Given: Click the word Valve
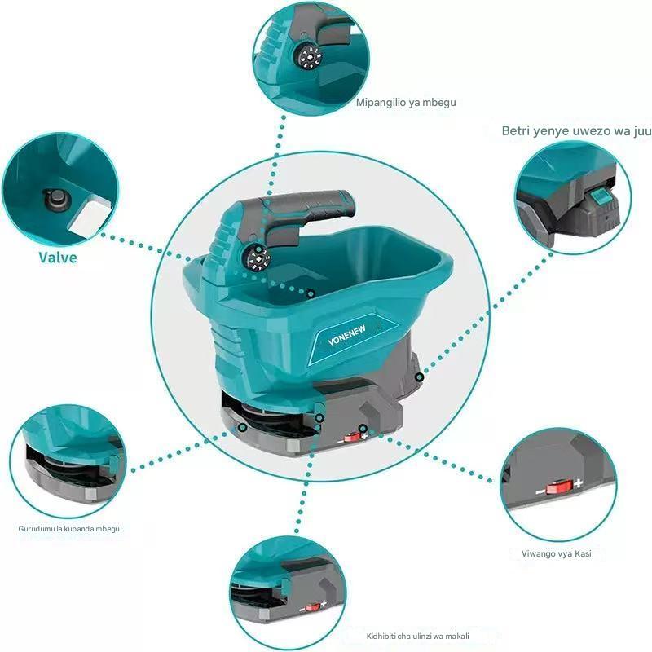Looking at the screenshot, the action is [58, 258].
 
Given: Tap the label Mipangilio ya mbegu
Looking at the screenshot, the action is [406, 103].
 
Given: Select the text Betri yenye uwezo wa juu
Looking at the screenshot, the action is [576, 131].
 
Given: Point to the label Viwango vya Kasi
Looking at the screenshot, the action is [557, 553].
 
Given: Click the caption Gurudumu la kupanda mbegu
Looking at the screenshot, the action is [68, 529].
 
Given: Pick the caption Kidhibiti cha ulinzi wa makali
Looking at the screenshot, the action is [418, 636].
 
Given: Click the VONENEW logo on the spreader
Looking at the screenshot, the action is [347, 335].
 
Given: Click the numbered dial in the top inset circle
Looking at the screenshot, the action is [307, 56].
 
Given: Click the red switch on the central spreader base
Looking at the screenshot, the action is [353, 437].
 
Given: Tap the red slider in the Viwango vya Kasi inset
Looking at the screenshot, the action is [559, 487].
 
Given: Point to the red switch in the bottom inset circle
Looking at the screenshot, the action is [312, 607].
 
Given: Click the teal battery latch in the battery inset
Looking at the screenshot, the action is [600, 196].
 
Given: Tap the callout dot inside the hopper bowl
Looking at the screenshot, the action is [311, 294].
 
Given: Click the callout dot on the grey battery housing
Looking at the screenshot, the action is [420, 377].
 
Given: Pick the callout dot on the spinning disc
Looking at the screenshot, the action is [243, 427].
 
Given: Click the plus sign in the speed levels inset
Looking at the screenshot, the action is [578, 483].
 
